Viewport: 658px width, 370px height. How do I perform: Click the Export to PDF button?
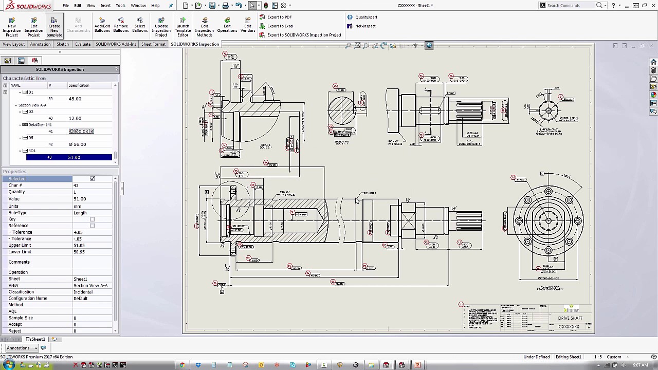pos(279,17)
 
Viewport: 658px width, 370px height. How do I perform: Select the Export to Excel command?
pos(280,26)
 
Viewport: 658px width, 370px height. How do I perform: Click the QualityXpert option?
pos(365,17)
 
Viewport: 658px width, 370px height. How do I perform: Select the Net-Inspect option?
pos(365,26)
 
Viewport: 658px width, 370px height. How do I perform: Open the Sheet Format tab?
pos(153,44)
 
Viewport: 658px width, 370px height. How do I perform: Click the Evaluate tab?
pos(83,44)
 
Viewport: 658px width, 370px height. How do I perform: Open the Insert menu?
pos(105,5)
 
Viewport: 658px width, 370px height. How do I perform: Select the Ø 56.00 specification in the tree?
pos(77,144)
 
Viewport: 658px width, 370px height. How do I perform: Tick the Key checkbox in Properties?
pos(92,219)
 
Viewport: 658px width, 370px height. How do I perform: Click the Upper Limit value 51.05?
pos(79,245)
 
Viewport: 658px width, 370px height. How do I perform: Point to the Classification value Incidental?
pos(83,292)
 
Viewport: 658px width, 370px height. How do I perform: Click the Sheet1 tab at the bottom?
pos(35,339)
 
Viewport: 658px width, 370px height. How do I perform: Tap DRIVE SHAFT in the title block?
pos(570,318)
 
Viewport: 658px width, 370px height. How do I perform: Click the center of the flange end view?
pos(548,221)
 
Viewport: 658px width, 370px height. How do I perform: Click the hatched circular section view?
pos(341,110)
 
